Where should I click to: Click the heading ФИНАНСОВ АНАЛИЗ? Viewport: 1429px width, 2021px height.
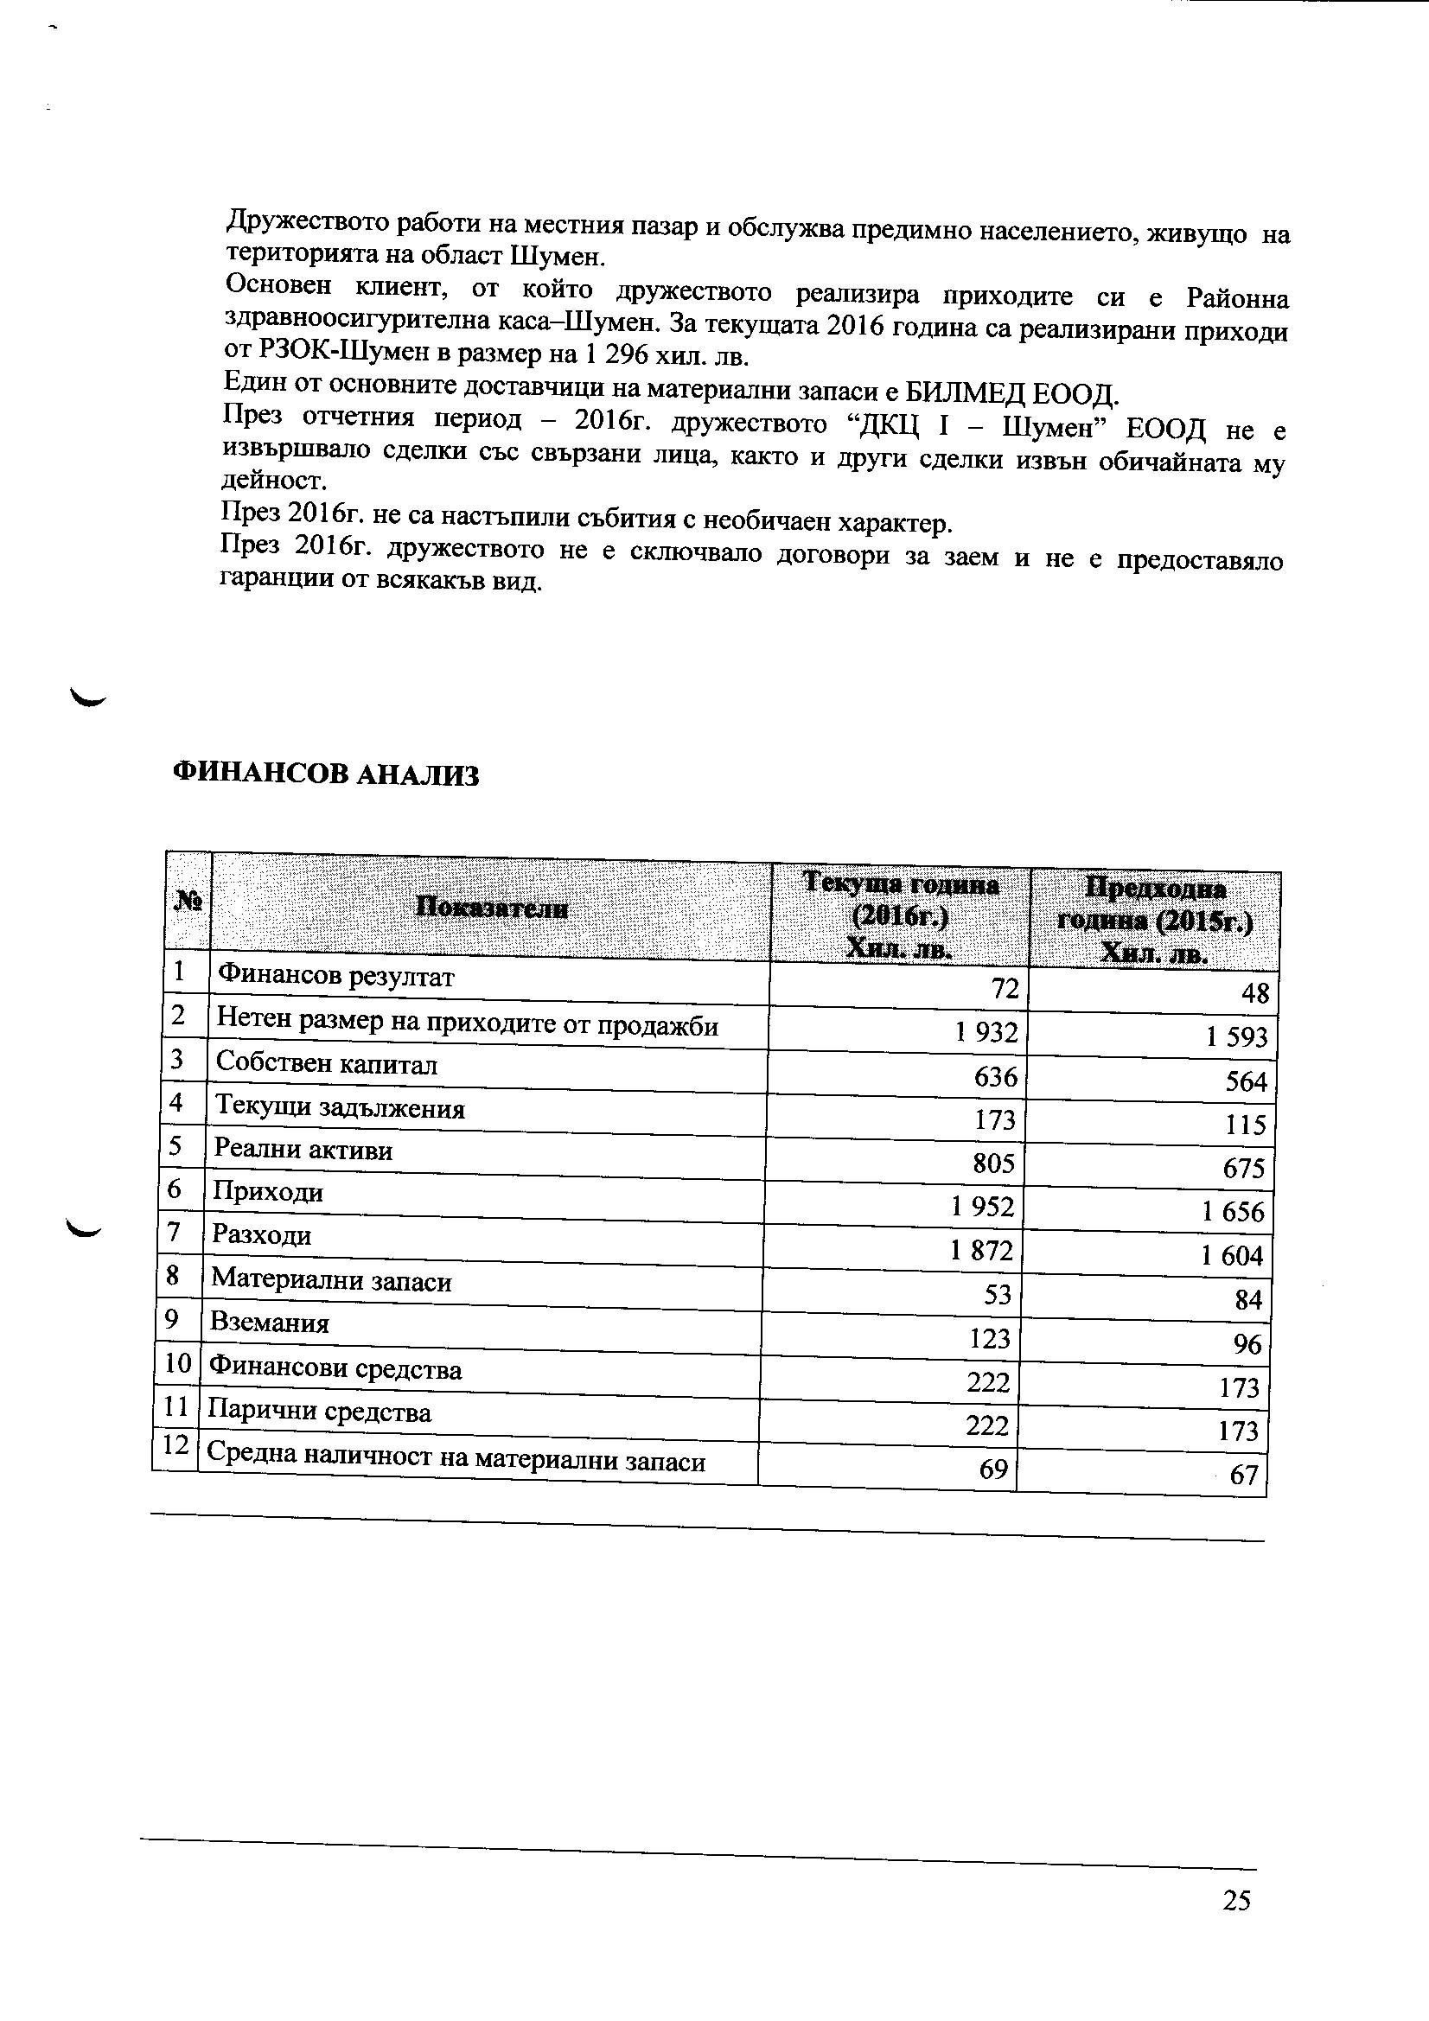[x=326, y=774]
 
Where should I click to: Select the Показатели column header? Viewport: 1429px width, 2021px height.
[x=491, y=907]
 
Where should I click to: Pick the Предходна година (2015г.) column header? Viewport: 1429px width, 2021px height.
[x=1154, y=921]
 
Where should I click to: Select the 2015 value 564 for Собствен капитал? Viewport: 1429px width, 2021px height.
[x=1246, y=1081]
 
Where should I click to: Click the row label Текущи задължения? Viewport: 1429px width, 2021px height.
[x=340, y=1107]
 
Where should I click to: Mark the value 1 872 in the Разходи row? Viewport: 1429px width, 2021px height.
[x=982, y=1251]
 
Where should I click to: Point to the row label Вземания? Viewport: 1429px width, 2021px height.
[x=270, y=1323]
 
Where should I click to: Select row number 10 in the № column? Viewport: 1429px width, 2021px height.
[x=177, y=1363]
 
